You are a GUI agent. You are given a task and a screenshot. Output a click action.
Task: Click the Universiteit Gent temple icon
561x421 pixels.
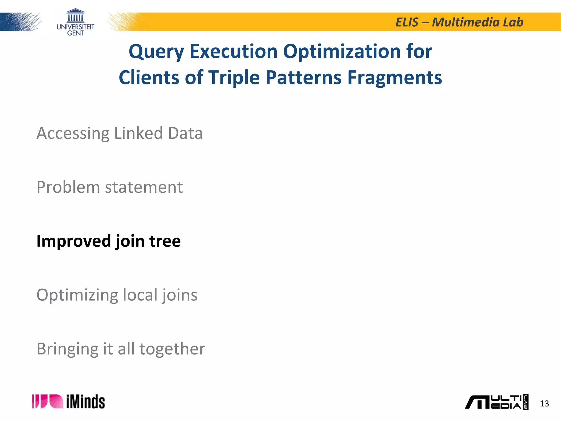click(x=75, y=16)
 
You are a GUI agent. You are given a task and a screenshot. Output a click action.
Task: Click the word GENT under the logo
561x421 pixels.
click(x=75, y=33)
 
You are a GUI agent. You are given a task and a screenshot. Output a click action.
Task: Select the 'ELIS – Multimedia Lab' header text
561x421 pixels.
click(x=459, y=22)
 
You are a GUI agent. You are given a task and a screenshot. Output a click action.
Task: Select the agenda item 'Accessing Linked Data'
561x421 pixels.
click(x=119, y=133)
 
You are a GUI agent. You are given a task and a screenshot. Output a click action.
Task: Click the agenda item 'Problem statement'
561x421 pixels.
click(x=110, y=187)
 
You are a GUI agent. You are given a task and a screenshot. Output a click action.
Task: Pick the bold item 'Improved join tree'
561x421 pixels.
click(x=108, y=241)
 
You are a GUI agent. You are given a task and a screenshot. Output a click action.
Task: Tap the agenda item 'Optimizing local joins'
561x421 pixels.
click(x=117, y=295)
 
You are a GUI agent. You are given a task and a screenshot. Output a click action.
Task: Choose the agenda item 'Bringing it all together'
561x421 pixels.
click(x=121, y=349)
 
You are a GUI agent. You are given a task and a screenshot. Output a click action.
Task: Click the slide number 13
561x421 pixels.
click(x=544, y=403)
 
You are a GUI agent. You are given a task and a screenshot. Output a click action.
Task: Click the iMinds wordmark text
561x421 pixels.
click(x=85, y=402)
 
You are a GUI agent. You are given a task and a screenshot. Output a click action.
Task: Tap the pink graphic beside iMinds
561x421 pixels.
click(x=47, y=402)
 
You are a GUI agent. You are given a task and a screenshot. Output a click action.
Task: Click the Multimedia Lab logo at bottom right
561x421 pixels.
click(x=496, y=402)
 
